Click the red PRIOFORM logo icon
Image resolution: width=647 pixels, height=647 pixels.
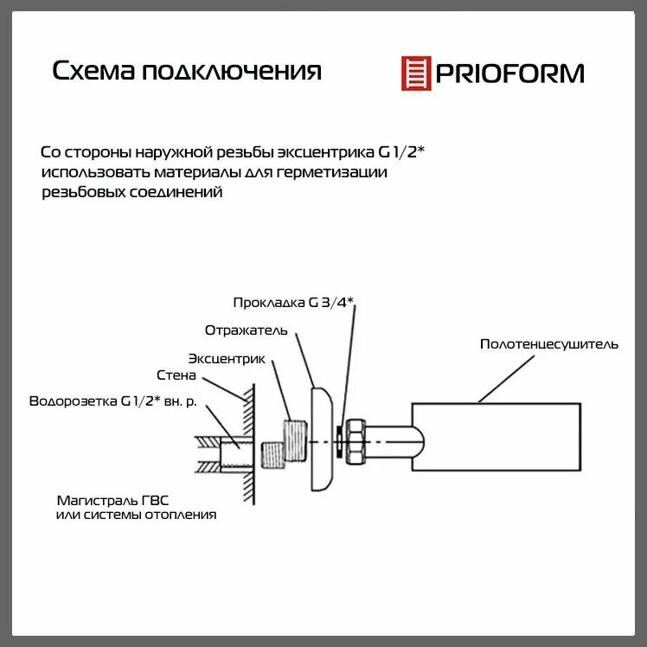coord(416,73)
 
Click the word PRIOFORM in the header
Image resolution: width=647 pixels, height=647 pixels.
coord(509,73)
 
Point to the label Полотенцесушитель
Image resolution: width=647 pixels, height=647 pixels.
coord(549,344)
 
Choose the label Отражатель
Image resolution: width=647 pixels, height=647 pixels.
coord(247,330)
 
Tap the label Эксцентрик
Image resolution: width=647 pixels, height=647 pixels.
coord(226,358)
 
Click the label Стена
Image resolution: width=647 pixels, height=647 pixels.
coord(176,376)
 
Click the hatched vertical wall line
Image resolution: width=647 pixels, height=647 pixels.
coord(248,441)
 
